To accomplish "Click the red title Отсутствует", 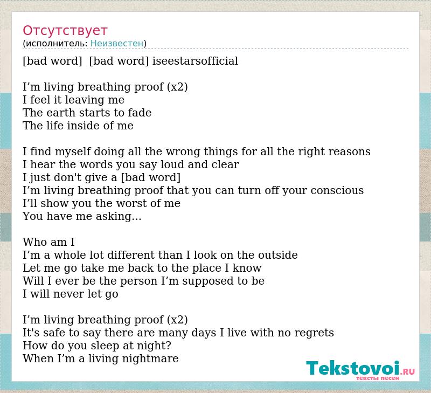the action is coord(65,31).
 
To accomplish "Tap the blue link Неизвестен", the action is coord(117,44).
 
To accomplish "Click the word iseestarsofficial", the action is coord(195,61).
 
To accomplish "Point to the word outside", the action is coord(278,255).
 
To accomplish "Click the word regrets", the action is coord(314,333).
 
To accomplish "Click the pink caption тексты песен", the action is coord(378,378).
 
